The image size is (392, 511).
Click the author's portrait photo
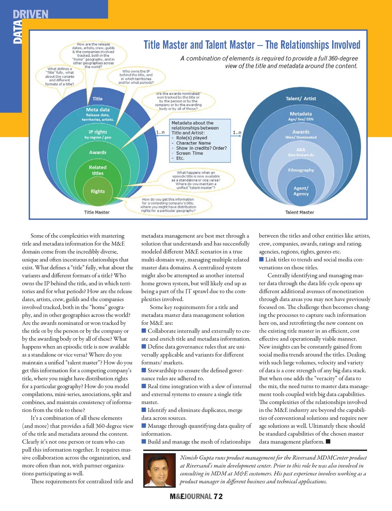[x=160, y=470]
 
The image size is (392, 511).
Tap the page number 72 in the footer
[x=218, y=496]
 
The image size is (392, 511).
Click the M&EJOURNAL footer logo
[x=191, y=496]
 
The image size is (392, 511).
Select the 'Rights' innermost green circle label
[x=98, y=191]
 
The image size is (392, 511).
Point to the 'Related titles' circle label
[x=98, y=170]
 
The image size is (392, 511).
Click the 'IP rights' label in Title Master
[x=98, y=134]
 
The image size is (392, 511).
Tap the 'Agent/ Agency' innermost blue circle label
[x=301, y=191]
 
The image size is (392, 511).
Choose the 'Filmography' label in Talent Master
[x=301, y=170]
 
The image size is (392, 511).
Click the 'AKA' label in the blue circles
[x=301, y=152]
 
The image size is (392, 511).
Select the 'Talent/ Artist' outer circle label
[x=301, y=98]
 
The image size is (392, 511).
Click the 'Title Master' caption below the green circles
[x=97, y=212]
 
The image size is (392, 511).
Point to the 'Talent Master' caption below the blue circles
[x=299, y=212]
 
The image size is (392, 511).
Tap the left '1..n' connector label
[x=160, y=133]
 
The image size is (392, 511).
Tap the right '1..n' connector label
[x=237, y=133]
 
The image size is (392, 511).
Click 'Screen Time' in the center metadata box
[x=189, y=153]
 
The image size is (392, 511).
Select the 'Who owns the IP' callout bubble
[x=136, y=77]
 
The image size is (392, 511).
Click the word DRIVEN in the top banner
[x=31, y=15]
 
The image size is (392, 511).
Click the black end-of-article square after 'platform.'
[x=328, y=442]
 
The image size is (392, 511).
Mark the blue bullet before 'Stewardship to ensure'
[x=144, y=370]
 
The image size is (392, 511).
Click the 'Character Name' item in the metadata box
[x=193, y=143]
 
